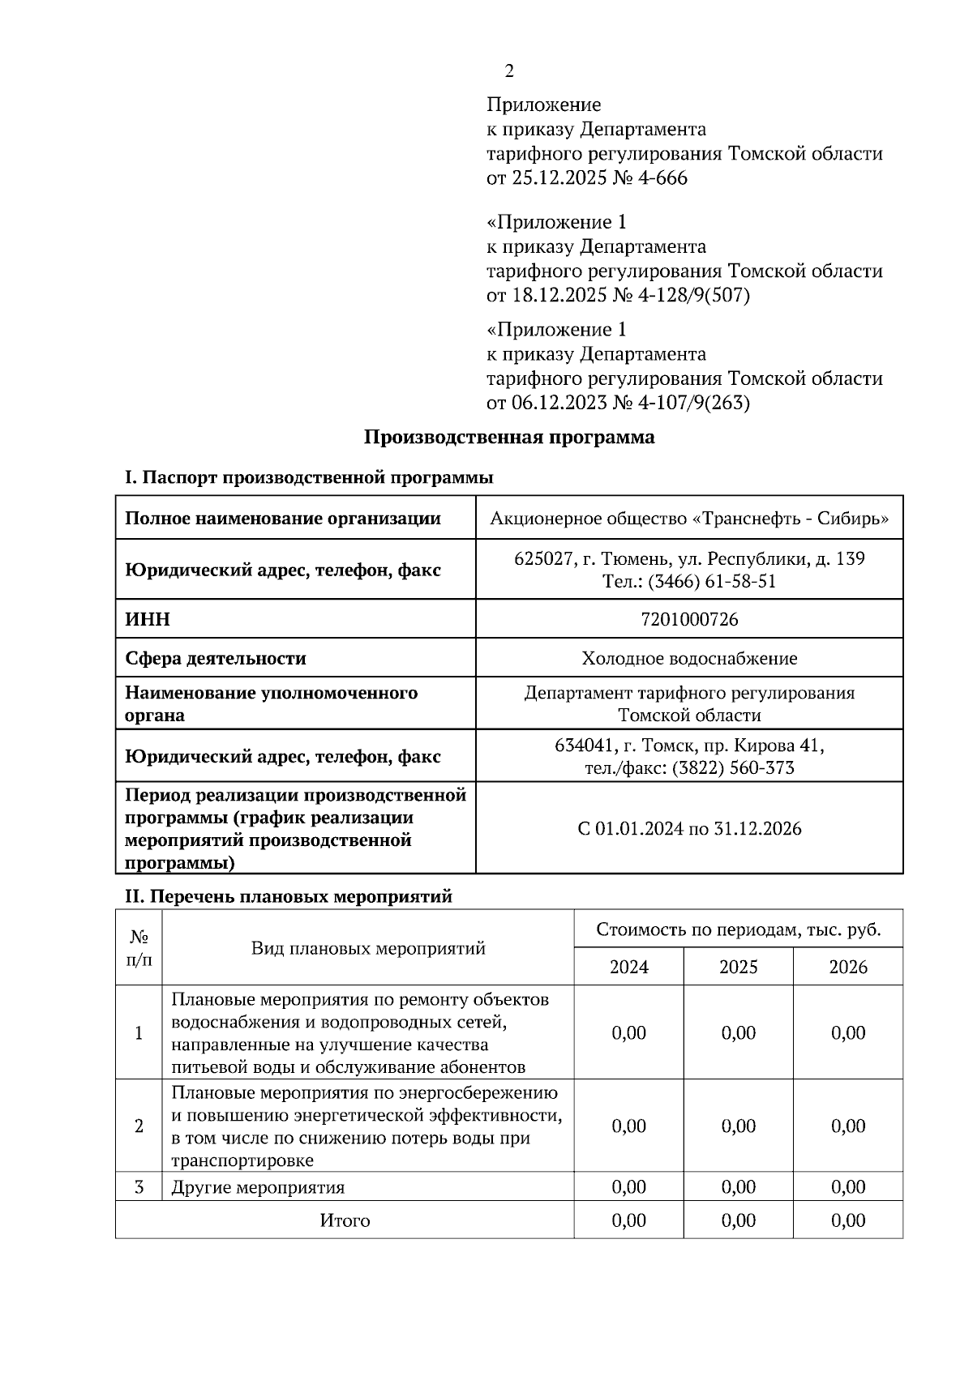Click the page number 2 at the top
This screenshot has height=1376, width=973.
[508, 72]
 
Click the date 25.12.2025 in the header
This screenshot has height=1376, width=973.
[559, 178]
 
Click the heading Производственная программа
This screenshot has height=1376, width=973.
[508, 438]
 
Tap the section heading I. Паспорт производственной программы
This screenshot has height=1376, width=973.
[308, 477]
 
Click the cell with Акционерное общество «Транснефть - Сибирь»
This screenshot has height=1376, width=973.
[689, 519]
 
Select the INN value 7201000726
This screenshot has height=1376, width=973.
[689, 620]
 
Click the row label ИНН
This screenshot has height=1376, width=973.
[148, 620]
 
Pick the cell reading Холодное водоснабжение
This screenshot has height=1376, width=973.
[689, 659]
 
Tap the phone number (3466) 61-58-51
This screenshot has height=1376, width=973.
[712, 582]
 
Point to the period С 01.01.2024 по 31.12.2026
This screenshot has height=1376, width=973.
[689, 829]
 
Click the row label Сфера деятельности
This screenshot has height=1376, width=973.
[216, 659]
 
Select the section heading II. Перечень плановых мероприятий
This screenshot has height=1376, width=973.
[288, 897]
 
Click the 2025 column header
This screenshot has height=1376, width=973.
[738, 967]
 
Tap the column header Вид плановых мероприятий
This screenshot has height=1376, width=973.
[368, 948]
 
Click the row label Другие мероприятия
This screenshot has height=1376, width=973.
[258, 1188]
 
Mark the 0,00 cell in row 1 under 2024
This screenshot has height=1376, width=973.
[628, 1033]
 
